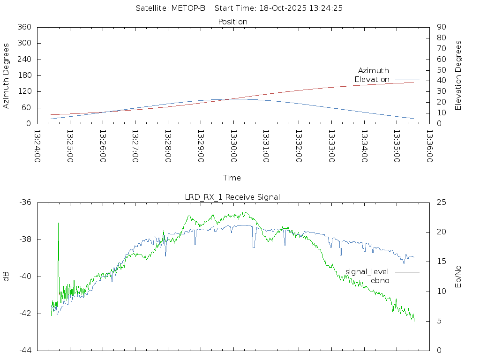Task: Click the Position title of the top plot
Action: tap(233, 22)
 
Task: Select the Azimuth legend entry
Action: tap(374, 70)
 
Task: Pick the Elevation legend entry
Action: tap(372, 79)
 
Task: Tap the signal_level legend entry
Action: tap(367, 271)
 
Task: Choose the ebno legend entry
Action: tap(380, 280)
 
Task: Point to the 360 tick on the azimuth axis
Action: tap(24, 27)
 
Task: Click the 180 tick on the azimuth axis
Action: tap(24, 75)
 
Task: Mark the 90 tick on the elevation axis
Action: tap(441, 27)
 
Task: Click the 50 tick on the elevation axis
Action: tap(441, 70)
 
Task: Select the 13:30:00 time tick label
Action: tap(233, 146)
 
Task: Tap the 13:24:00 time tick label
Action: tap(37, 146)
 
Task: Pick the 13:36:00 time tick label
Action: tap(429, 146)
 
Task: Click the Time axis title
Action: tap(232, 178)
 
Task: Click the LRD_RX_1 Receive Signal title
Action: tap(232, 197)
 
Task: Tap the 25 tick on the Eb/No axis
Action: tap(441, 202)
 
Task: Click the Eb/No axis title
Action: tap(458, 277)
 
